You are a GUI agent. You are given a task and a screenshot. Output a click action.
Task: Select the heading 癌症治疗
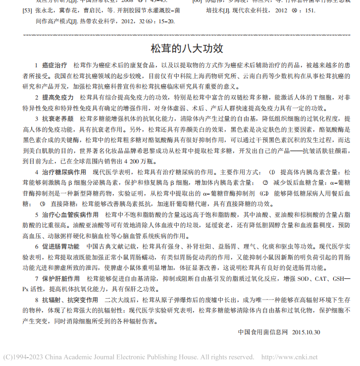tap(54, 65)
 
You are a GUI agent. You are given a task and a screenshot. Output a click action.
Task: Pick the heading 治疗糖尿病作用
tap(64, 172)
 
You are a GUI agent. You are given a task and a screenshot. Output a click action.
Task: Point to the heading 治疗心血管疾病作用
tap(70, 215)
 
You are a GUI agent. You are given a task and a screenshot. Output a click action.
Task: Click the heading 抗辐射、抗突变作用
tap(70, 300)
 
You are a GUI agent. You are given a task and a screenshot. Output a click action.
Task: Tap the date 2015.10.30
tap(306, 332)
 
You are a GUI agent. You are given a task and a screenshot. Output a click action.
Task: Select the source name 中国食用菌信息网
tap(262, 332)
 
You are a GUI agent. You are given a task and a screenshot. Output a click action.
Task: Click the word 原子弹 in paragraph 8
tap(181, 300)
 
